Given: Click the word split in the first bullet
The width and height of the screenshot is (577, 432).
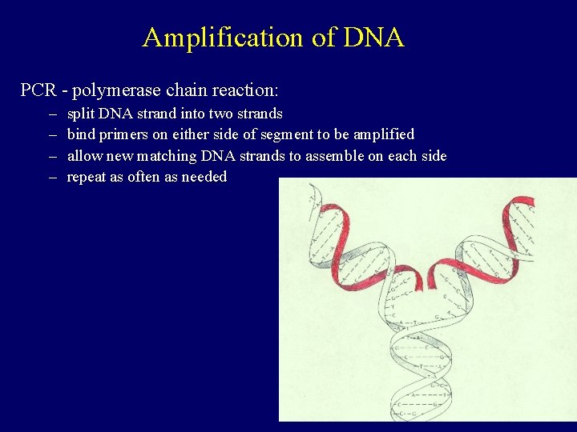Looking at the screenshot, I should point(81,114).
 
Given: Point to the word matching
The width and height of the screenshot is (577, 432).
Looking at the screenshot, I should point(167,155).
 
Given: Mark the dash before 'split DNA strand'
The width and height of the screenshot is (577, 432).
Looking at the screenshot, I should point(53,114).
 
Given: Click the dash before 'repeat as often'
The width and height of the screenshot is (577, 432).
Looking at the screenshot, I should point(53,177).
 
